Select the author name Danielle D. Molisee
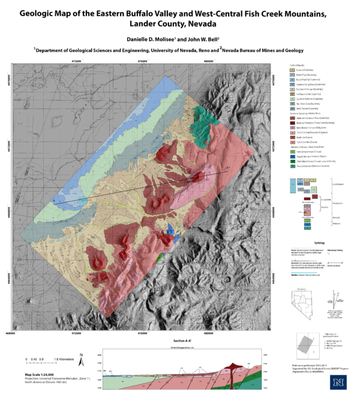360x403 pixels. (x=146, y=38)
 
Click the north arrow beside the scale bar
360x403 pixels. (x=81, y=360)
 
